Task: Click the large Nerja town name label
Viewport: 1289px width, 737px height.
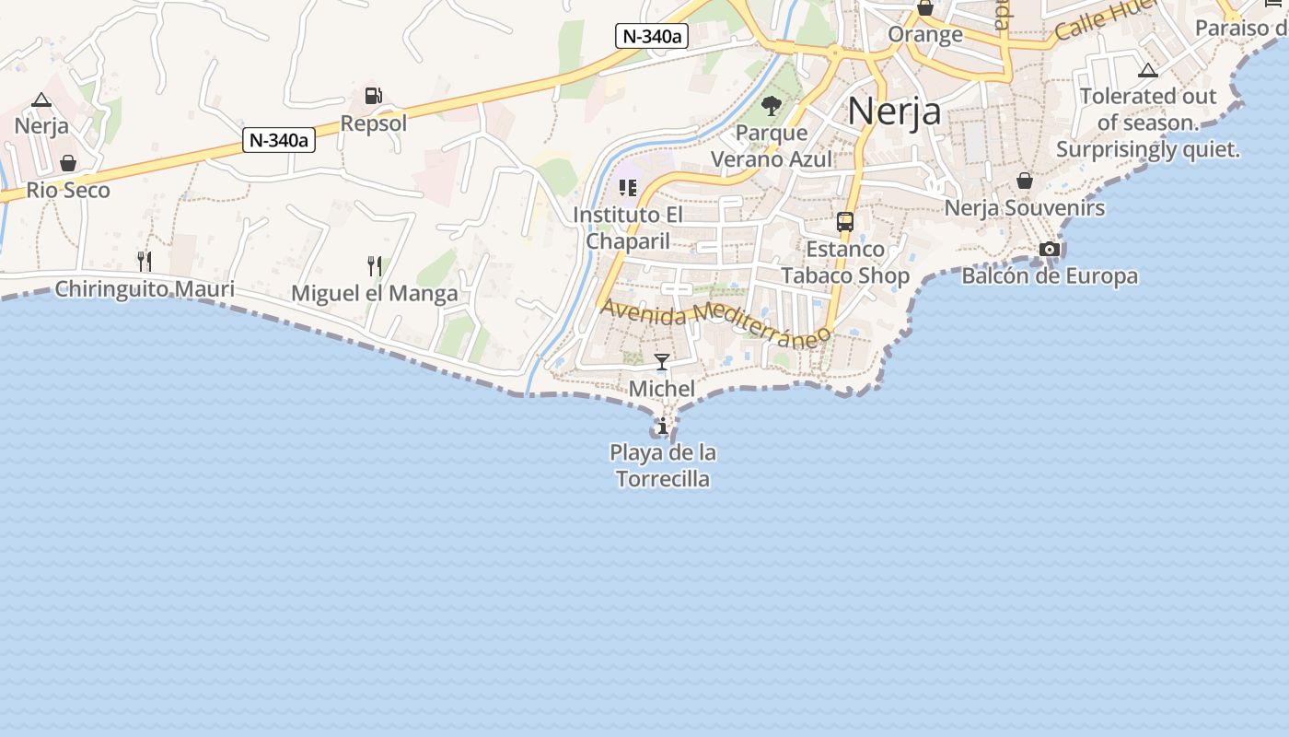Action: pos(894,111)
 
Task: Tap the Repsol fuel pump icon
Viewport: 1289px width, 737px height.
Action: pos(373,96)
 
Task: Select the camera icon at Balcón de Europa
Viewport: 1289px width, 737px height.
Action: pos(1049,249)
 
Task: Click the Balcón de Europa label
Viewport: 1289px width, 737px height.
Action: pos(1050,275)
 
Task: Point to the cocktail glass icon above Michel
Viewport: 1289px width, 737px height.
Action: pos(661,361)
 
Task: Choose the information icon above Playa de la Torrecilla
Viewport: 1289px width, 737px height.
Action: pos(662,426)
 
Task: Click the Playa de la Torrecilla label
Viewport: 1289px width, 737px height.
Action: pos(663,465)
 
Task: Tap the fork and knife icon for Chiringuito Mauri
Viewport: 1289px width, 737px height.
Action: pos(144,262)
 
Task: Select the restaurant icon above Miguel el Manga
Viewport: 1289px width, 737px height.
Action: pos(374,266)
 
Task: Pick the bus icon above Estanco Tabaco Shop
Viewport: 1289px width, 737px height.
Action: pos(844,221)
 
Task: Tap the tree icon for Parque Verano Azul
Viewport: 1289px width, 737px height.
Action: pos(772,106)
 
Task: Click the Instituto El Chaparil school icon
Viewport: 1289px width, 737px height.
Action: pos(628,188)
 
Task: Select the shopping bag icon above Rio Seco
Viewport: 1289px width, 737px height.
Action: pos(68,163)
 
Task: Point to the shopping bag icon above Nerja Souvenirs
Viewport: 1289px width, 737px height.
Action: pos(1024,181)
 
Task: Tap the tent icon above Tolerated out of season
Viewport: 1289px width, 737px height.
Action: pos(1147,70)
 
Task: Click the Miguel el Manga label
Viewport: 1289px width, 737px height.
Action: pos(374,294)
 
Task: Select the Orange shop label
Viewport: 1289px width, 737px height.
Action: pos(925,35)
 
